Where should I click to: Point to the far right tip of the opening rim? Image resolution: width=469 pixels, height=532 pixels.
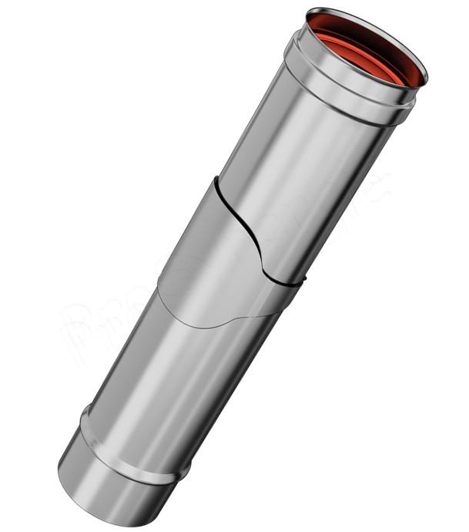[x=427, y=77]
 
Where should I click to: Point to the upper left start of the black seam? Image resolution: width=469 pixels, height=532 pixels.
[x=218, y=180]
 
